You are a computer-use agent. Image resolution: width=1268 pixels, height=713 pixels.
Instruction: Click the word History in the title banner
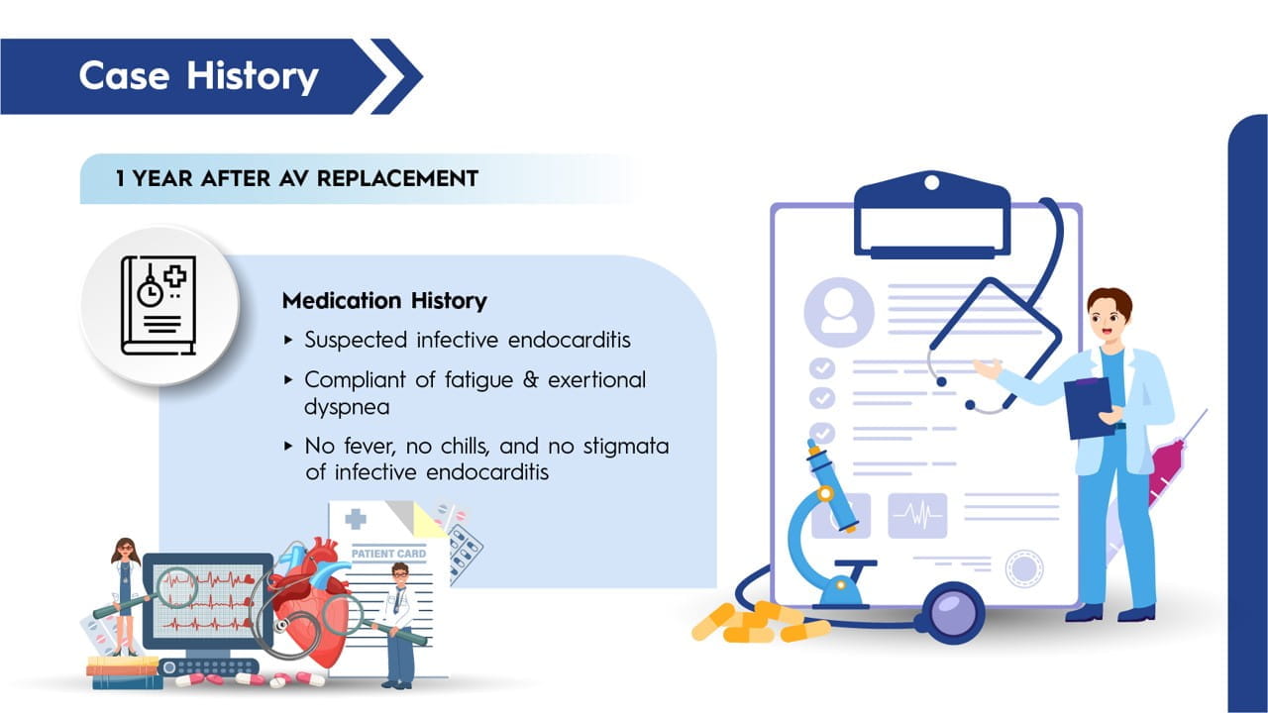(253, 76)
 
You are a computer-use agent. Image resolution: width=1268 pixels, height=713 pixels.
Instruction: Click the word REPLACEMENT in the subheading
(397, 179)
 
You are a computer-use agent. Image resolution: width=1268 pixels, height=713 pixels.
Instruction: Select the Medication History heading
(384, 300)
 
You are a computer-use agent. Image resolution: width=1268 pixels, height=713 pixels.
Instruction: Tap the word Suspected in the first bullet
(356, 340)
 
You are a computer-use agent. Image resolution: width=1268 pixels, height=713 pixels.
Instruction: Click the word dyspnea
(347, 407)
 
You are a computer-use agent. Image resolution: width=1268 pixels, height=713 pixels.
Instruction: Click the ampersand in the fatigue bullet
(530, 379)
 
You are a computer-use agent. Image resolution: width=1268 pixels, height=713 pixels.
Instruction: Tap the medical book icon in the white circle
(158, 306)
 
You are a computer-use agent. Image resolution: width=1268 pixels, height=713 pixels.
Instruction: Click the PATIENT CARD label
(388, 554)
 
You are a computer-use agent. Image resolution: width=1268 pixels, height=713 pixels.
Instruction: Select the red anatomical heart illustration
(311, 600)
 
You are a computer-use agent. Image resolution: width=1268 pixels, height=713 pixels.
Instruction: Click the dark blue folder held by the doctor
(1089, 407)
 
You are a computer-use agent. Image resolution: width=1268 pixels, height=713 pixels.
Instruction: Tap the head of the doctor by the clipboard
(1109, 315)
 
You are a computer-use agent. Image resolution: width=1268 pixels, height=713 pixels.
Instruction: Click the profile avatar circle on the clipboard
(839, 312)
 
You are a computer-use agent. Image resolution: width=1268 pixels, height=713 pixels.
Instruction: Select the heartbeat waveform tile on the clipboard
(917, 516)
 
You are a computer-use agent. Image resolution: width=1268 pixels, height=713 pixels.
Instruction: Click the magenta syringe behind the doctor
(1166, 469)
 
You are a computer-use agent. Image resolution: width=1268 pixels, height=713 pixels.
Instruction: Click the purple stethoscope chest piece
(952, 613)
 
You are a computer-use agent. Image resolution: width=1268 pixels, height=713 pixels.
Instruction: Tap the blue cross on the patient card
(356, 519)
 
